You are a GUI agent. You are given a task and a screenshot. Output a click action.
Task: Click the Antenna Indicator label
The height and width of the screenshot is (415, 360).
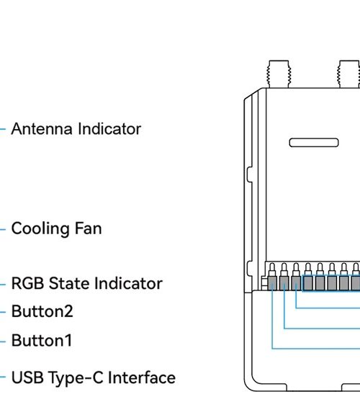point(76,129)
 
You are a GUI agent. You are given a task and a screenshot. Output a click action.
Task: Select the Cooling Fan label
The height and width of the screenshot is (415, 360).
point(56,228)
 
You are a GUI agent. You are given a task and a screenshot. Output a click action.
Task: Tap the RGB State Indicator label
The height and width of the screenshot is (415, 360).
point(86,283)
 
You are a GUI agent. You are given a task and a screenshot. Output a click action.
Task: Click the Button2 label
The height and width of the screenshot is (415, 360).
point(42,311)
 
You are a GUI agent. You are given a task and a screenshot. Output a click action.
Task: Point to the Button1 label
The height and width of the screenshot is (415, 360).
point(42,340)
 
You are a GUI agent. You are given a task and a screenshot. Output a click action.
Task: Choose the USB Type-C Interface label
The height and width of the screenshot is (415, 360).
point(94,378)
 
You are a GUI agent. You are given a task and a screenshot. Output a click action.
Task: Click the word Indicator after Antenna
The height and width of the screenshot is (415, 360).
point(109,129)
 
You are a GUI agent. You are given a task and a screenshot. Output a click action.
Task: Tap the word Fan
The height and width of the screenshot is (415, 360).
point(89,228)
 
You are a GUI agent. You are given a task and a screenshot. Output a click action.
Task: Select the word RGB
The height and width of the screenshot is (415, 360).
point(28,283)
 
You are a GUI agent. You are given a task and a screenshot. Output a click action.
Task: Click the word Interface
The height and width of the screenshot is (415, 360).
point(142,378)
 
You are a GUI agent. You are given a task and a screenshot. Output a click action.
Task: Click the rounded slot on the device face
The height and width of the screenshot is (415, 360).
point(314,143)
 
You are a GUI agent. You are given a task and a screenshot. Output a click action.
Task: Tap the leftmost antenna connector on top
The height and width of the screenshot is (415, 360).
point(279,74)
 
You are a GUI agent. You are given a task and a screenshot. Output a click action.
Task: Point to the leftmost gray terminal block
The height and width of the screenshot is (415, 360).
point(272,283)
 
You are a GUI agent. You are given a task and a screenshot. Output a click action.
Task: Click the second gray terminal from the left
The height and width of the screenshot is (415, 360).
point(284,283)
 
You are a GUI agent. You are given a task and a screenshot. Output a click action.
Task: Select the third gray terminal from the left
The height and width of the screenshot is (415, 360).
point(296,283)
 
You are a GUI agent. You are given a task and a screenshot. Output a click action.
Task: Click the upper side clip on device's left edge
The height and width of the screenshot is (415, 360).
point(249,174)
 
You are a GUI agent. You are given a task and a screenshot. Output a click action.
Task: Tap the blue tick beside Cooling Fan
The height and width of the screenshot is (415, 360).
point(3,229)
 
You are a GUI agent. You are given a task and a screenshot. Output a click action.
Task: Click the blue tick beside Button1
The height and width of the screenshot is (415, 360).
point(3,342)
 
